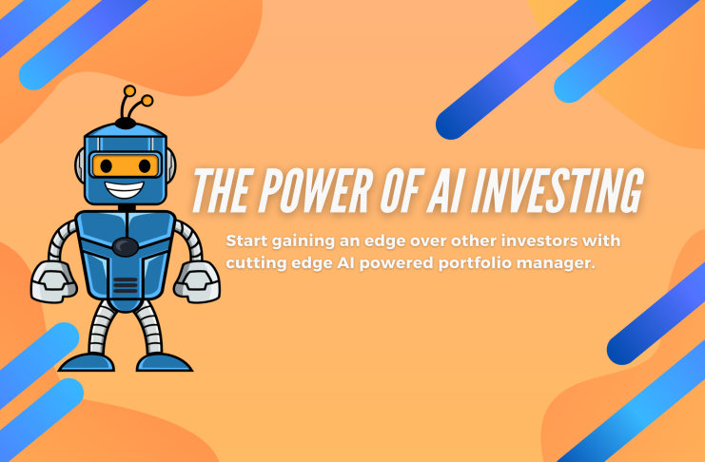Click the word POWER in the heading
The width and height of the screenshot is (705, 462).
(x=316, y=190)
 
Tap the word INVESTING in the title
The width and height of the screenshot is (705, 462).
(x=558, y=190)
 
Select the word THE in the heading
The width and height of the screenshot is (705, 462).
(x=221, y=190)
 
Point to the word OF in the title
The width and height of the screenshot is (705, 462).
(x=401, y=190)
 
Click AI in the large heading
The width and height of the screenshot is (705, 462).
(x=445, y=190)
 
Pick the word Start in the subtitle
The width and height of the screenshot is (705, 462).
(x=246, y=241)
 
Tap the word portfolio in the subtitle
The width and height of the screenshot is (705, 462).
(x=476, y=263)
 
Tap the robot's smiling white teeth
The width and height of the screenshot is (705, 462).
(x=125, y=189)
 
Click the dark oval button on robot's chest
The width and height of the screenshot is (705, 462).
(x=126, y=246)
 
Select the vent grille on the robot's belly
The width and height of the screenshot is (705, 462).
(x=126, y=285)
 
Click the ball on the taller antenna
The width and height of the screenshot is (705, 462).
(x=130, y=90)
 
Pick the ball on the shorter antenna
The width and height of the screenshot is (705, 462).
(x=147, y=101)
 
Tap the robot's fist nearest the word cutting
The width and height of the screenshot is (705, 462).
(x=197, y=281)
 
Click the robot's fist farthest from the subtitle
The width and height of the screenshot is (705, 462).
(x=53, y=281)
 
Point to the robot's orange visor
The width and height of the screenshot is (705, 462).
(x=126, y=165)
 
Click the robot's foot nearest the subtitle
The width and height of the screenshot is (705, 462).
(x=164, y=362)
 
